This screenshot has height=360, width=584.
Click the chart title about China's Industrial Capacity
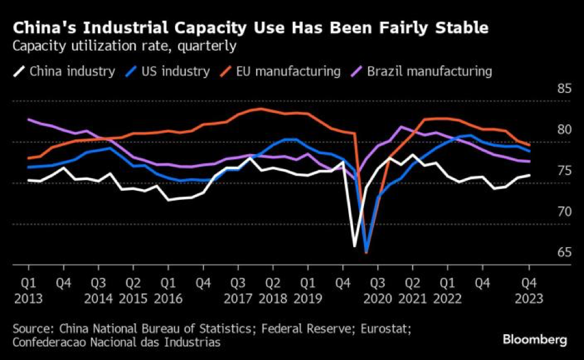tap(251, 28)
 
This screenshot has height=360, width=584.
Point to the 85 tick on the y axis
tap(564, 89)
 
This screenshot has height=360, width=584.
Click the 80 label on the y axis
tap(564, 130)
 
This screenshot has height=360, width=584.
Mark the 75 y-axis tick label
tap(564, 171)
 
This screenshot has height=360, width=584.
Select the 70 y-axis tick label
tap(564, 212)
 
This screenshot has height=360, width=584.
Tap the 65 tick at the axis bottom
tap(564, 253)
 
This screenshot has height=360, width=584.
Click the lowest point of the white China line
tap(354, 246)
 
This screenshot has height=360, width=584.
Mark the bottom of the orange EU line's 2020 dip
tap(366, 252)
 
